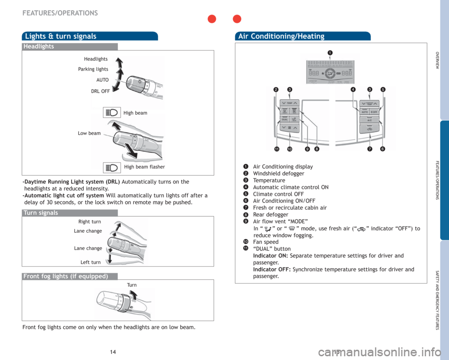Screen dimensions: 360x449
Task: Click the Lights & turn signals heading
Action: tap(61, 36)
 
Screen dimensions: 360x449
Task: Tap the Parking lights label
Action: tap(93, 69)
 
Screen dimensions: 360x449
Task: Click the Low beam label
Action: tap(89, 133)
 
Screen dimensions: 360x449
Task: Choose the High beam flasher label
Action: tap(145, 167)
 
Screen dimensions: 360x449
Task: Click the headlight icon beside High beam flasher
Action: tap(113, 166)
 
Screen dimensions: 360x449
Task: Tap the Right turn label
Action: tap(89, 221)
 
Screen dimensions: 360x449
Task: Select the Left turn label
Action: tap(90, 262)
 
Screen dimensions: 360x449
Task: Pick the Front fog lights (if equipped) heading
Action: tap(65, 276)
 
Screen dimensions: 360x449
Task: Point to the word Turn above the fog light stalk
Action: tap(131, 285)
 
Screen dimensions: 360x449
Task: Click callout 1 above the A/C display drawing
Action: tap(330, 52)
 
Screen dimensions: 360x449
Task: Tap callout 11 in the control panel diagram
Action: tap(277, 148)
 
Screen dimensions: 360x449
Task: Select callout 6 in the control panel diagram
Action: tap(383, 148)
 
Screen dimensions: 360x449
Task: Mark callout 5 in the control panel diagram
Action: tap(383, 89)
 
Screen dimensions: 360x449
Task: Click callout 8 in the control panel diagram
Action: tap(317, 148)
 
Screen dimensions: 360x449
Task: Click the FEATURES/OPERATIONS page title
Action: tap(60, 13)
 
